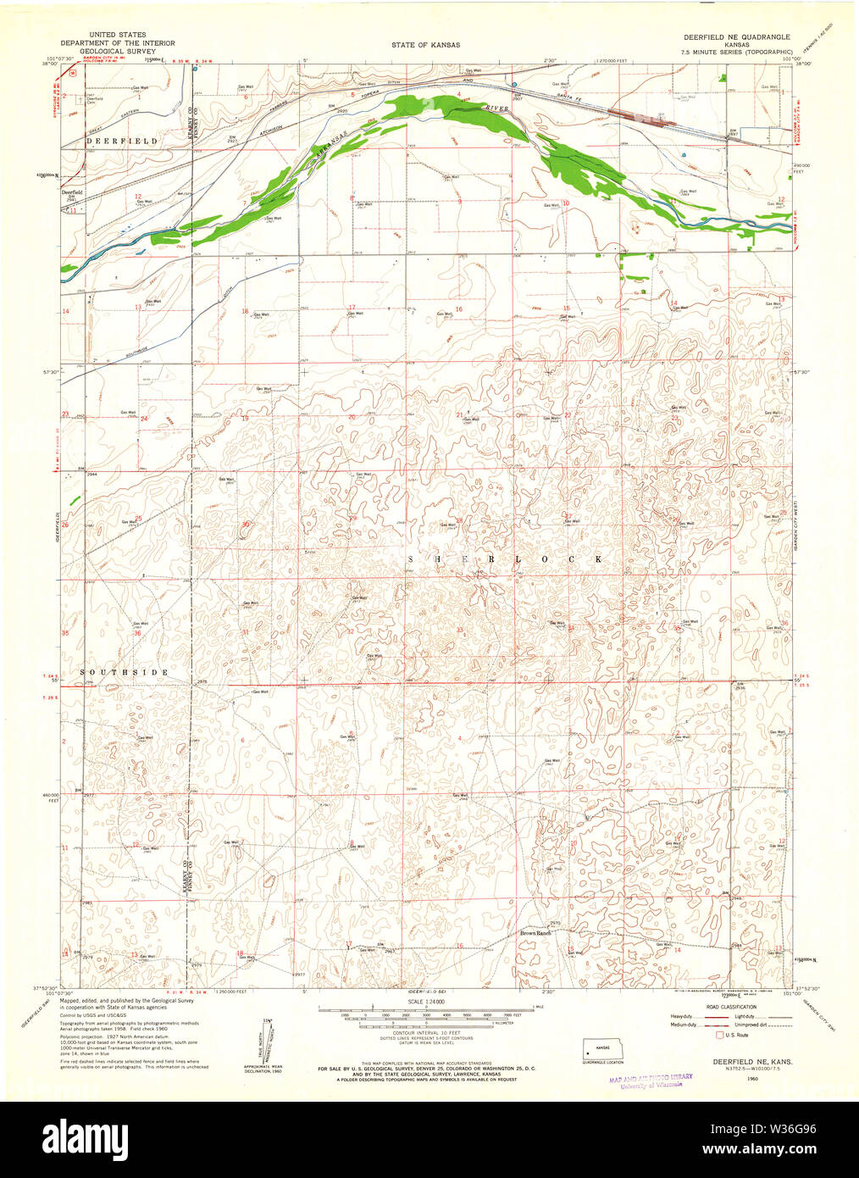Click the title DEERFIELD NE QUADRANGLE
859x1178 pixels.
pos(736,38)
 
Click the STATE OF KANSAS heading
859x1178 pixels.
pos(425,45)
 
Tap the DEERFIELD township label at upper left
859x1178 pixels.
pos(109,140)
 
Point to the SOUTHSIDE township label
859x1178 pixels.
pos(125,672)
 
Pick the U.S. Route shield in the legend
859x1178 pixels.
pos(720,1035)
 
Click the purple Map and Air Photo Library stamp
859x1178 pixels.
pos(650,1080)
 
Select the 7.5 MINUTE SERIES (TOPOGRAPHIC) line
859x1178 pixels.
pos(737,52)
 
